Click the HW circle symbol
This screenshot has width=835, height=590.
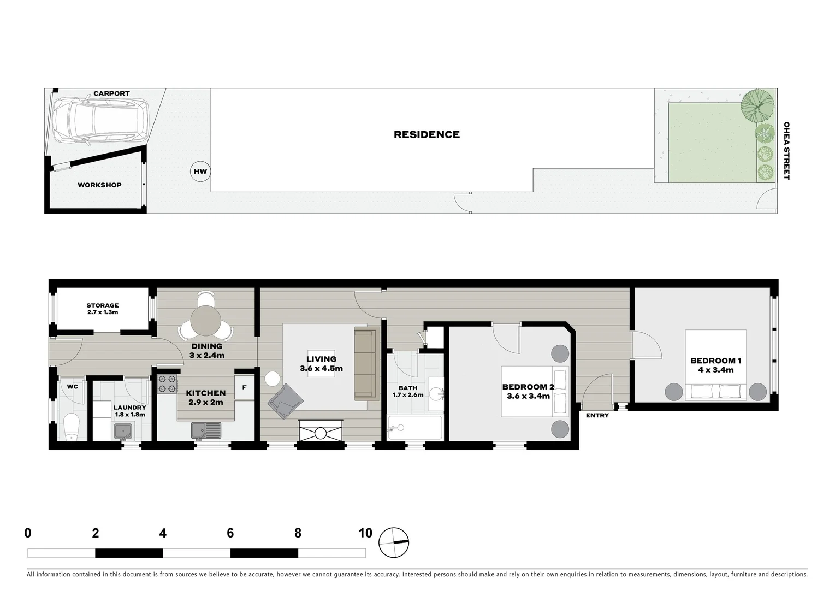(200, 172)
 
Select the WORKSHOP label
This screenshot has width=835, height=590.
(99, 185)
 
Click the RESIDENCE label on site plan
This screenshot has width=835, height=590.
(427, 134)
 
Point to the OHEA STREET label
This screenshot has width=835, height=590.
(786, 151)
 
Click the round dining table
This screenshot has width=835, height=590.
(206, 321)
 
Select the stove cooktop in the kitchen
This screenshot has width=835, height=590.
(168, 383)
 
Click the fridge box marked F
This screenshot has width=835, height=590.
(244, 387)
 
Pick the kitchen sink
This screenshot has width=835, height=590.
(206, 430)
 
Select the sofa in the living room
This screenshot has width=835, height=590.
(366, 363)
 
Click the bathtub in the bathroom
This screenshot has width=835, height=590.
(414, 428)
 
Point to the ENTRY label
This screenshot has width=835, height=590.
(597, 416)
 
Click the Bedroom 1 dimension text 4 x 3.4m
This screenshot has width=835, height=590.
(715, 370)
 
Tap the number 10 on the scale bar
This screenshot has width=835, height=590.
(365, 533)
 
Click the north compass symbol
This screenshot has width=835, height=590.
(393, 543)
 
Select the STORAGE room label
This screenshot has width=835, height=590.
(102, 305)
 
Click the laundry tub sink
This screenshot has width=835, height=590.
(124, 432)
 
